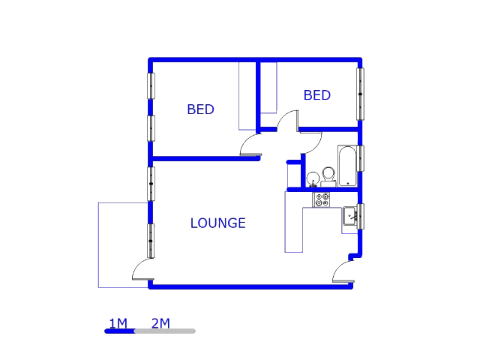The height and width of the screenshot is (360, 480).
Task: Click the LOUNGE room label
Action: [x=217, y=223]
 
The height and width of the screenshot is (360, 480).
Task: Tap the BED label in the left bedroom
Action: [x=200, y=109]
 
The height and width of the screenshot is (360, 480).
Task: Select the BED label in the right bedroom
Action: [x=316, y=95]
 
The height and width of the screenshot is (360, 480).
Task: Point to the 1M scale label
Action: [x=118, y=324]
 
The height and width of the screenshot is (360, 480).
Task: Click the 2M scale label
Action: [x=160, y=324]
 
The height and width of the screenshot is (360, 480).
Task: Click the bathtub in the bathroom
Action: [x=347, y=166]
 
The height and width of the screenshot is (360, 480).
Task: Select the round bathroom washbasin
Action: [x=312, y=178]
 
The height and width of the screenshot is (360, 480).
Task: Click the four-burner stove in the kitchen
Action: [x=322, y=199]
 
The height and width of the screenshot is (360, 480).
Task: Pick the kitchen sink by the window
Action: [x=350, y=217]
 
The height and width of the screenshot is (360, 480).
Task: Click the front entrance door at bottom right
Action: [x=343, y=272]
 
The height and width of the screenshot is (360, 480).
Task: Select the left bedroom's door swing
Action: [x=250, y=147]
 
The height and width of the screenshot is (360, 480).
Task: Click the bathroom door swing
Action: [x=310, y=142]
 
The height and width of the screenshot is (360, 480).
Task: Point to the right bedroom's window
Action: [x=361, y=94]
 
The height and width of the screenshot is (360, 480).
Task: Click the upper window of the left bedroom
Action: [x=151, y=85]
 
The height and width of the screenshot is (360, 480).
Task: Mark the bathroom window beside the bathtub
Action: [x=361, y=158]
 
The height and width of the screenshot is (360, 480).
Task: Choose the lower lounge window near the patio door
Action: [x=151, y=241]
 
